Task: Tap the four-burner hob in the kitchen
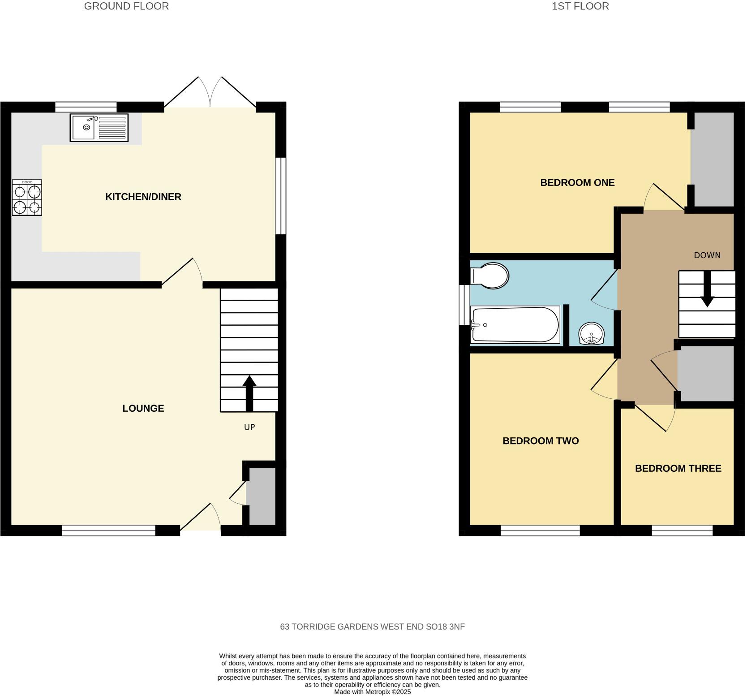pos(27,198)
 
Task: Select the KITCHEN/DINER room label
pos(143,197)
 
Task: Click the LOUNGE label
pos(143,408)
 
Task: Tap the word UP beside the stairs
pos(249,427)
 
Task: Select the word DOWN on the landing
pos(707,255)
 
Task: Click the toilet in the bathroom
pos(490,275)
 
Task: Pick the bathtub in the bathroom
pos(515,325)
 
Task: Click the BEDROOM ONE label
pos(577,183)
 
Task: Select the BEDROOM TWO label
pos(541,441)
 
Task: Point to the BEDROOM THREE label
pos(678,469)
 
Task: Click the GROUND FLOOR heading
pos(126,6)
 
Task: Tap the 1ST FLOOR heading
pos(580,6)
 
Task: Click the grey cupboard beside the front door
pos(261,496)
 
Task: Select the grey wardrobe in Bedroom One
pos(713,159)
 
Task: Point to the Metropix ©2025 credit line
pos(372,692)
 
